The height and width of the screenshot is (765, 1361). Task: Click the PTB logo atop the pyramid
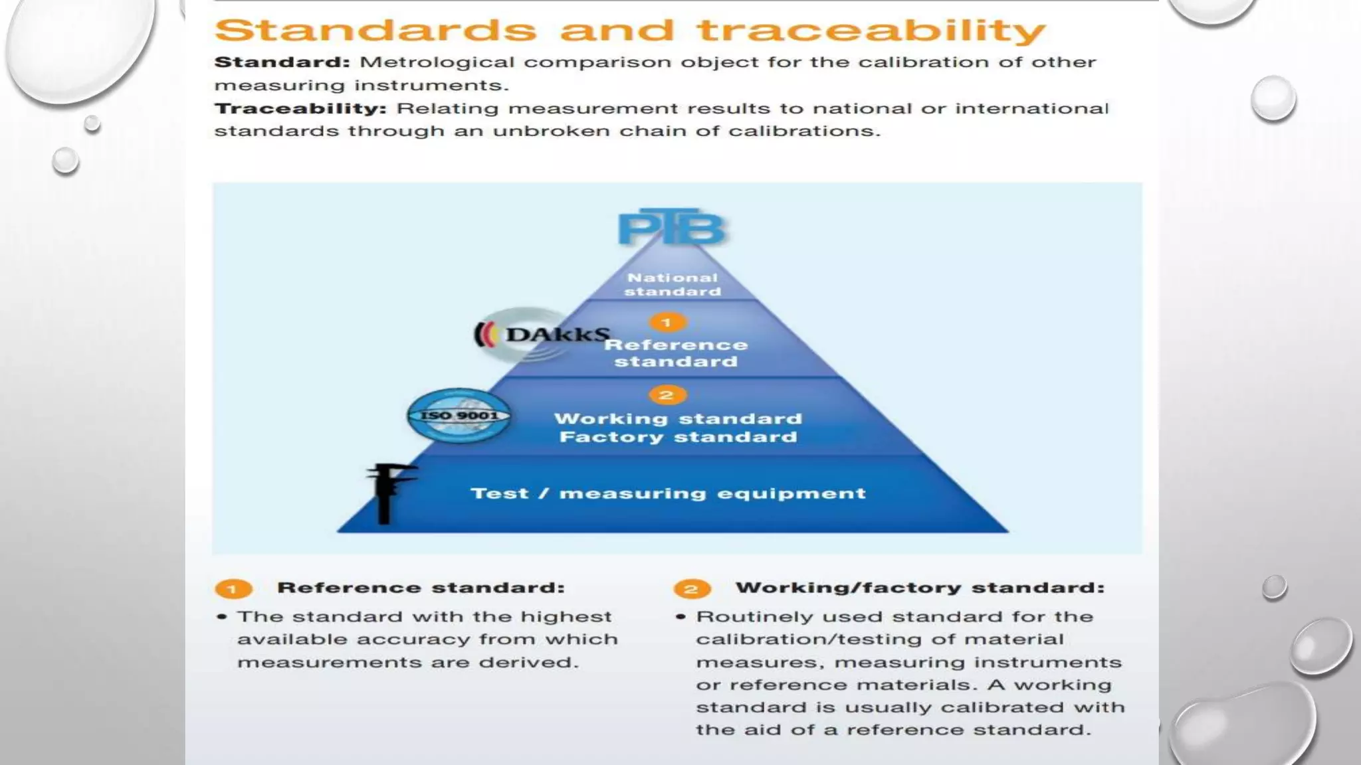point(672,228)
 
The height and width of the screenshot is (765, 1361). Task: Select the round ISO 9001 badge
point(459,416)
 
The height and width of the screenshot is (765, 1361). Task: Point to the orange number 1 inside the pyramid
point(667,323)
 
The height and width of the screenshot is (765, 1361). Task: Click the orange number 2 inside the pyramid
point(667,395)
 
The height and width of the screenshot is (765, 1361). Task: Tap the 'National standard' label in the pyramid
point(673,284)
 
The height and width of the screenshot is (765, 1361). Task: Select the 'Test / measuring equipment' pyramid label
point(668,493)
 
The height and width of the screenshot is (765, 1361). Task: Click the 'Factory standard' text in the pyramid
point(678,437)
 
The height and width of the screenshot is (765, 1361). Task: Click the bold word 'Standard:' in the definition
point(282,62)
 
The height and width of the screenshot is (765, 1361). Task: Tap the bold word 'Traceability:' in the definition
point(300,108)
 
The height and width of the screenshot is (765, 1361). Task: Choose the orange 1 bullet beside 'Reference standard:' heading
point(233,589)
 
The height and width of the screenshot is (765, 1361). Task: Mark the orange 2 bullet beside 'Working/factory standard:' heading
point(692,589)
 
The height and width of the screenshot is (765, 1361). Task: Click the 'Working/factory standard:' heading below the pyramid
point(920,588)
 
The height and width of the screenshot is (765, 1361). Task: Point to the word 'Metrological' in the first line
point(437,62)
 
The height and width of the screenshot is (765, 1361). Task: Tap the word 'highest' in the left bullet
point(566,617)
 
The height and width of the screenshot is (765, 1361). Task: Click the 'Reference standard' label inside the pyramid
point(676,353)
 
